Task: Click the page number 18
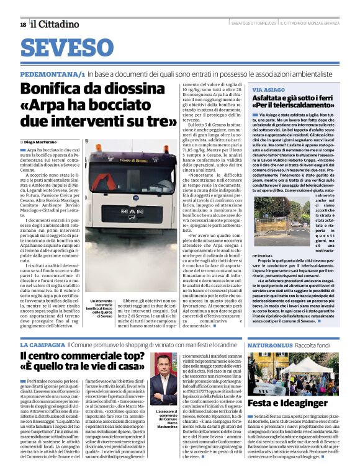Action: (x=23, y=24)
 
